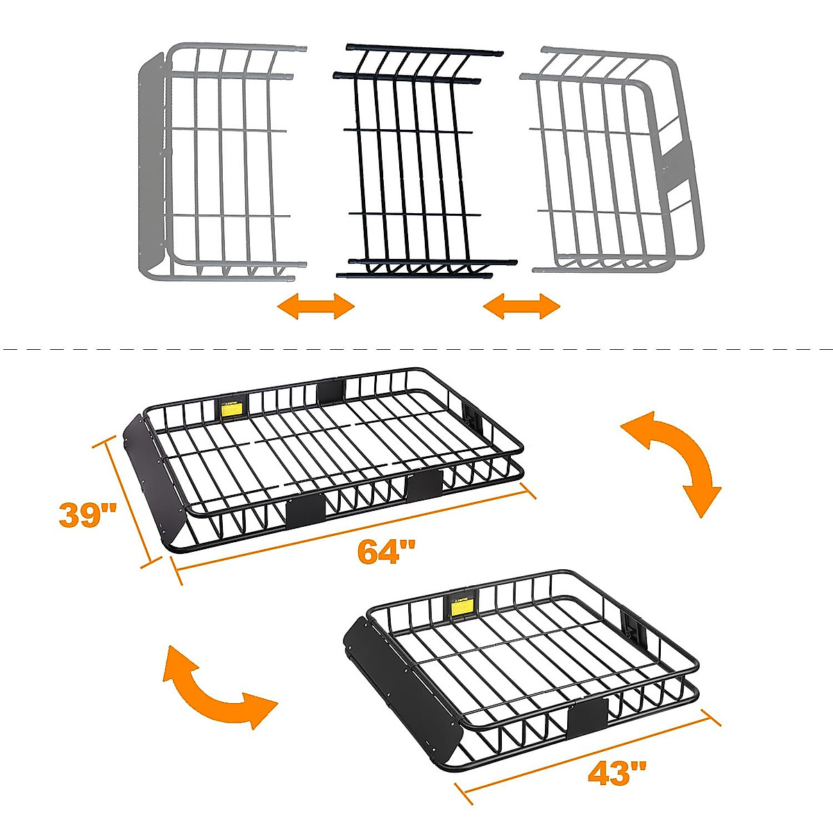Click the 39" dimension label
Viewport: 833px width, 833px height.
pos(87,515)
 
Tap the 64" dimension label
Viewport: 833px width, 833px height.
pos(386,553)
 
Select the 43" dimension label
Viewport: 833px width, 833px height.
pos(617,773)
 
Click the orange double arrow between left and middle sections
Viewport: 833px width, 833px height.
pos(316,305)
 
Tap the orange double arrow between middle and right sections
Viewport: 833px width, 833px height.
pos(521,305)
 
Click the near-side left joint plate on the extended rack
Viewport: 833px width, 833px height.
pos(305,510)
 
